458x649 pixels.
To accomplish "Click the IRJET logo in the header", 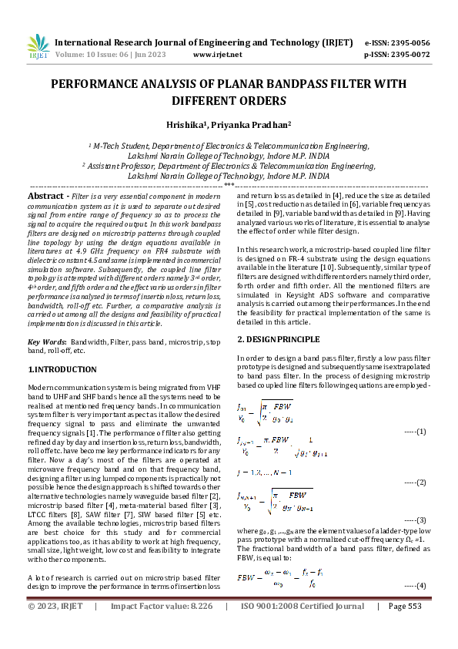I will pyautogui.click(x=37, y=47).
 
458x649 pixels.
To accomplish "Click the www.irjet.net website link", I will pyautogui.click(x=217, y=55).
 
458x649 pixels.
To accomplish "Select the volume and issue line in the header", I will pyautogui.click(x=111, y=55).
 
